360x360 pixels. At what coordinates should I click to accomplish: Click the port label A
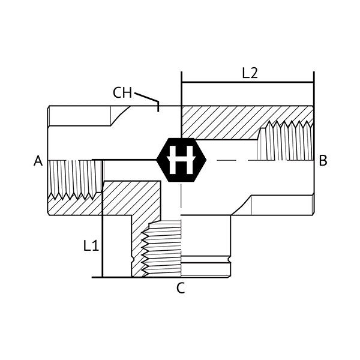(x=38, y=161)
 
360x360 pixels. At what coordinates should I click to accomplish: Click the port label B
(x=323, y=161)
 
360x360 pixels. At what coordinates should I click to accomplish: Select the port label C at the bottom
(x=181, y=288)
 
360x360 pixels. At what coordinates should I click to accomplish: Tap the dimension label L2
(x=250, y=73)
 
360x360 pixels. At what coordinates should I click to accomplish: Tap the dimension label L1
(x=91, y=245)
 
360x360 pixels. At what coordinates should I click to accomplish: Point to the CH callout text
(x=122, y=93)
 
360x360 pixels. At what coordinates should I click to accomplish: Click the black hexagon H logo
(x=181, y=160)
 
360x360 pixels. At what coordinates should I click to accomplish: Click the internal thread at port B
(x=286, y=141)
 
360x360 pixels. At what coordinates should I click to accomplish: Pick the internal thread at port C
(x=162, y=246)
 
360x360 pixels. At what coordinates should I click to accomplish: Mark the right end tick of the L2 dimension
(x=313, y=83)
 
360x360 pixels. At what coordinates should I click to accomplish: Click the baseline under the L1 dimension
(x=114, y=277)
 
